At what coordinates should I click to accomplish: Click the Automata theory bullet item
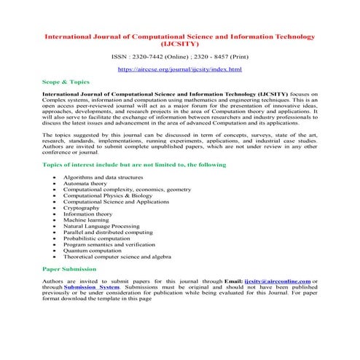(x=85, y=184)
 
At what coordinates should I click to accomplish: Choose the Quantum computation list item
(x=92, y=250)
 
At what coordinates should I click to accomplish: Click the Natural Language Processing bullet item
(x=101, y=226)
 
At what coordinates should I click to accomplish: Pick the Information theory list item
(x=87, y=214)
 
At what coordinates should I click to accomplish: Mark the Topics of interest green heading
(x=135, y=165)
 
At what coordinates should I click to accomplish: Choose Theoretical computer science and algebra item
(x=117, y=257)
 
